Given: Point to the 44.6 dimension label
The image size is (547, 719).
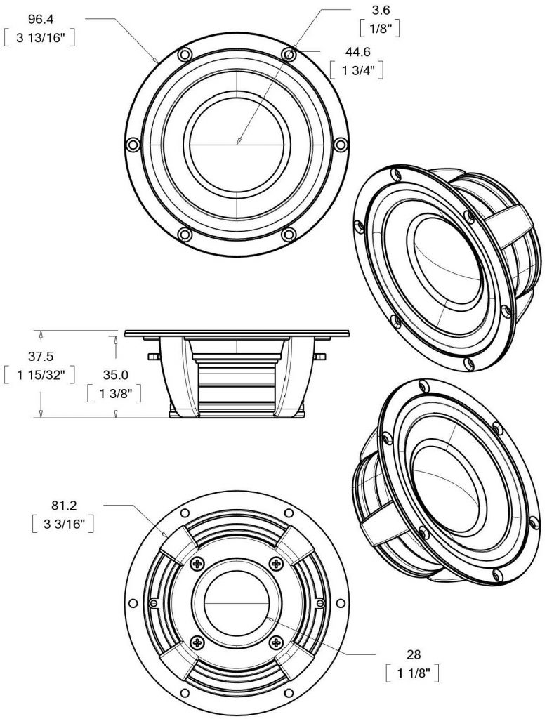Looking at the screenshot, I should [x=357, y=51].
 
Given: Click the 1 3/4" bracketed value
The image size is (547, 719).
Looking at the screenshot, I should [x=357, y=72].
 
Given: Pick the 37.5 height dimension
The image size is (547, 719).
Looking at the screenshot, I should [x=40, y=355].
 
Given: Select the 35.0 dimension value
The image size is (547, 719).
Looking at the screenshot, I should [x=114, y=375].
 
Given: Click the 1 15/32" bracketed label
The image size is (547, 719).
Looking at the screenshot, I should [x=40, y=376].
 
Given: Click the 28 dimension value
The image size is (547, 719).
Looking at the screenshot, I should [x=414, y=654].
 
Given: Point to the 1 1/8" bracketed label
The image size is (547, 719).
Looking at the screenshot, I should [x=414, y=675].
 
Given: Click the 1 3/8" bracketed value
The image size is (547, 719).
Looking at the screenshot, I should [x=114, y=395].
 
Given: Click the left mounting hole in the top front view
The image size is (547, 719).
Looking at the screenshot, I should [x=132, y=144].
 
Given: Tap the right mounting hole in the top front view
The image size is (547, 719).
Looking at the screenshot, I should [x=341, y=144].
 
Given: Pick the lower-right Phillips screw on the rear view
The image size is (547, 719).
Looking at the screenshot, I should [x=276, y=642].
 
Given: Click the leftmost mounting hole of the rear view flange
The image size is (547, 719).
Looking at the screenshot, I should [x=133, y=603].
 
